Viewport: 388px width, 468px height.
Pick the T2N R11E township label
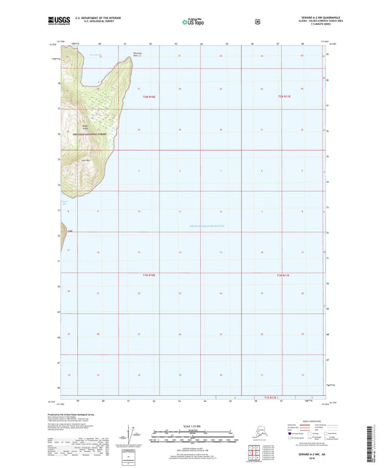[x=285, y=96]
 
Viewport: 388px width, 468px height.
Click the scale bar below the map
[x=194, y=437]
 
